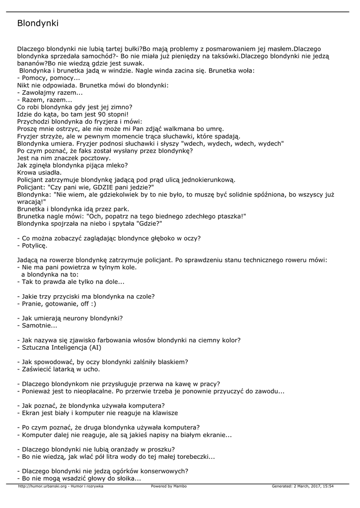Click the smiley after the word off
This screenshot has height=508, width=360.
93,304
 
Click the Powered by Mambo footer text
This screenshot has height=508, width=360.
169,486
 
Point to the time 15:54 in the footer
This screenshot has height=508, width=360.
328,486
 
